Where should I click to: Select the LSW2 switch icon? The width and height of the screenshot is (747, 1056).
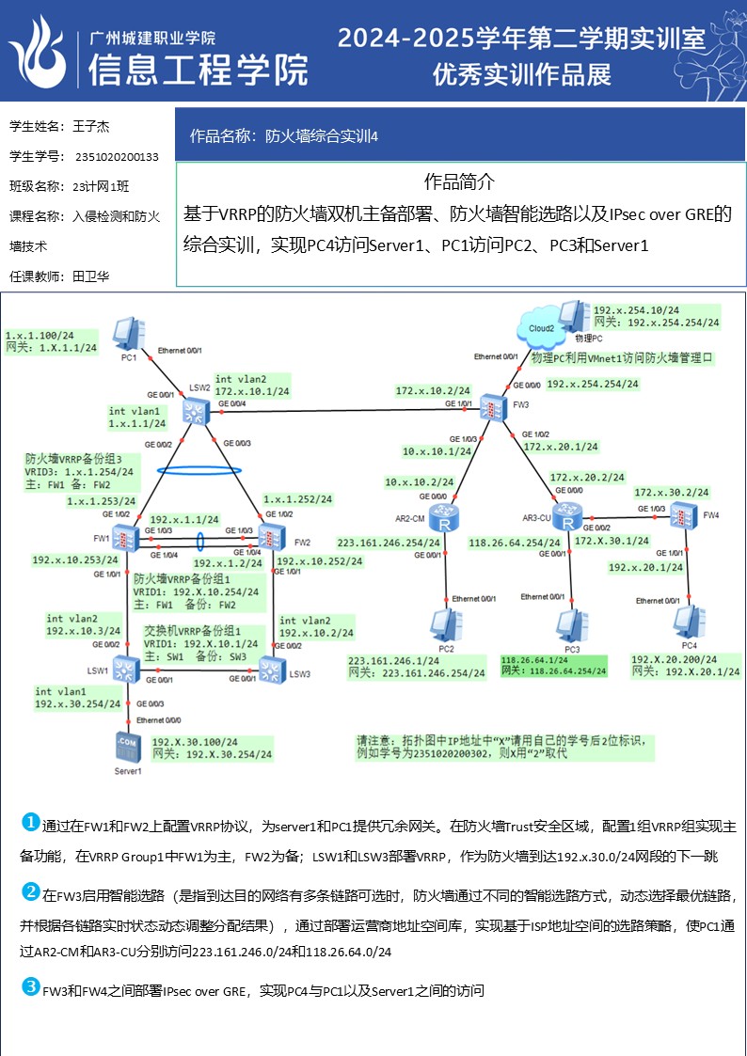[x=196, y=410]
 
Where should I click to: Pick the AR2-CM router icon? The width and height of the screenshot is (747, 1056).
[x=440, y=516]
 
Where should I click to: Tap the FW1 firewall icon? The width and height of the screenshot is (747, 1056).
[x=124, y=539]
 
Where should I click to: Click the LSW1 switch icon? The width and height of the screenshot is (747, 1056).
[x=124, y=669]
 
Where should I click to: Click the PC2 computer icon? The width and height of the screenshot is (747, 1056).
[x=441, y=626]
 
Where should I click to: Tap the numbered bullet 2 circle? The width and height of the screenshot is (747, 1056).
[x=31, y=891]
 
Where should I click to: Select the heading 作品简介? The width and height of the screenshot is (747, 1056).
[x=459, y=182]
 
